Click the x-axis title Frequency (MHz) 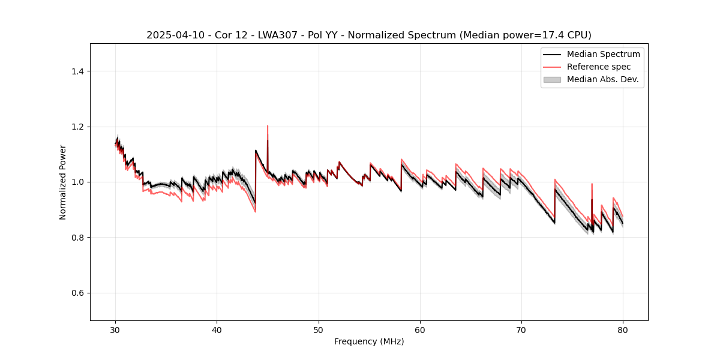tap(369, 341)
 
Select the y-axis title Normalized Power tap(63, 182)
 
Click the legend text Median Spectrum tap(603, 54)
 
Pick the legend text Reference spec tap(599, 67)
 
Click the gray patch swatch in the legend tap(551, 79)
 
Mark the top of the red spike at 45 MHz tap(268, 126)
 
